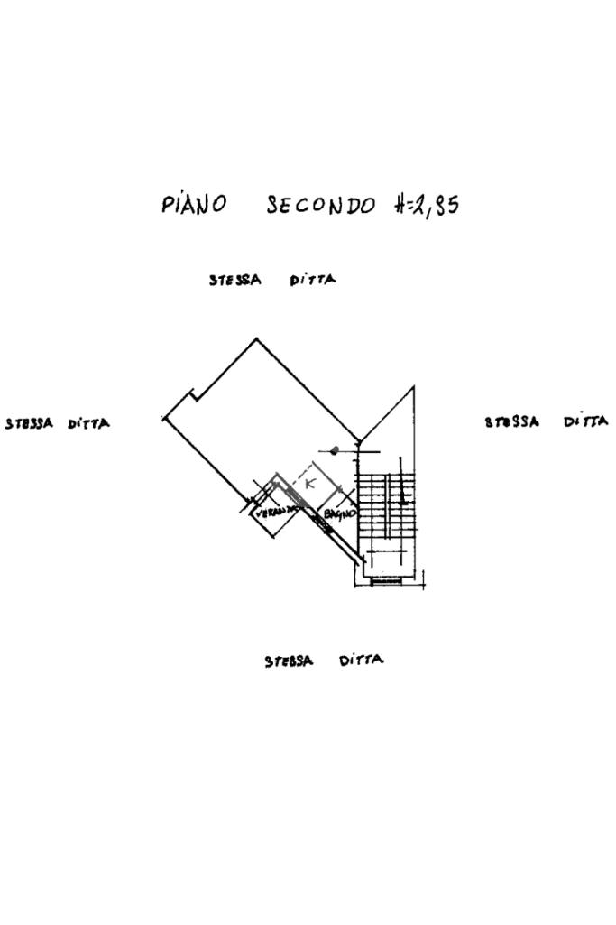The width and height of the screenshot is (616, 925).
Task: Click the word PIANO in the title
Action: tap(194, 204)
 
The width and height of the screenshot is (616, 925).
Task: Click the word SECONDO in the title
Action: tap(320, 205)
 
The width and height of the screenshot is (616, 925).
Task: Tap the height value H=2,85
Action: tap(427, 205)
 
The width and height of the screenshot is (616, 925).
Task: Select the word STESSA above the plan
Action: tap(234, 280)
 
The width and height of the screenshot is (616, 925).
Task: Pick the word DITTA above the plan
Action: tap(313, 280)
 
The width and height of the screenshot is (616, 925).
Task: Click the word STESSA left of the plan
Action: tap(29, 422)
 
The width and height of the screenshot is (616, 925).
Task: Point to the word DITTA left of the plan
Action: tap(88, 423)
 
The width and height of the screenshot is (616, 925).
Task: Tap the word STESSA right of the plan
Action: tap(512, 421)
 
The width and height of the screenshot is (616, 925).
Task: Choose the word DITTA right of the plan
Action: tap(586, 421)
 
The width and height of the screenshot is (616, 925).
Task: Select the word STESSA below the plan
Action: tap(289, 661)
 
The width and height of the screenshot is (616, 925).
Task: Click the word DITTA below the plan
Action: tap(361, 661)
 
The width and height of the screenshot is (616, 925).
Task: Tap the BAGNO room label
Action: tap(340, 513)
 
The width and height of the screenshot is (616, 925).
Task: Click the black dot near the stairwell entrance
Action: tap(335, 449)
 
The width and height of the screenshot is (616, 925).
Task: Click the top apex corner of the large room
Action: tap(256, 338)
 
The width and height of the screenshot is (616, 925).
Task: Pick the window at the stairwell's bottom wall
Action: tap(385, 581)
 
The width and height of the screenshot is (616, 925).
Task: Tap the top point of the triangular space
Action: tap(413, 388)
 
